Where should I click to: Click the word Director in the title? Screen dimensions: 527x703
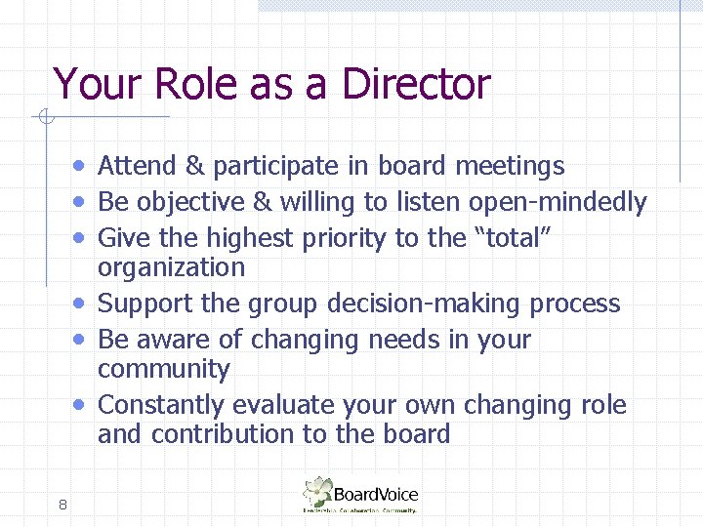tap(416, 84)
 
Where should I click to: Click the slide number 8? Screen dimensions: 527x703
tap(62, 505)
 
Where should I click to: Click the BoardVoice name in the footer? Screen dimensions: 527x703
tap(376, 494)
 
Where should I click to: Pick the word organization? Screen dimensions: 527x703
tap(171, 266)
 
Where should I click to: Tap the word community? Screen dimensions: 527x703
tap(164, 369)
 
